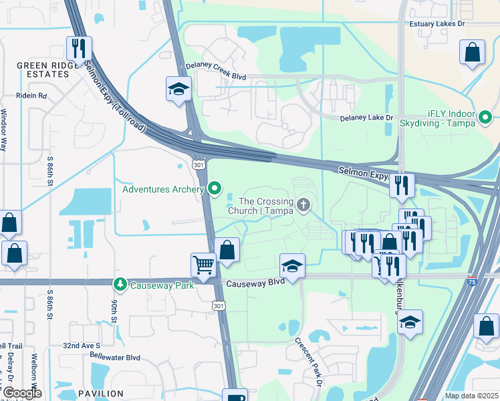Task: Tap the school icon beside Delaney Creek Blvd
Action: point(178,90)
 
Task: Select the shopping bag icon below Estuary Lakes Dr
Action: point(472,53)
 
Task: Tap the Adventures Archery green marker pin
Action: point(214,189)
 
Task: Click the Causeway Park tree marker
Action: point(120,285)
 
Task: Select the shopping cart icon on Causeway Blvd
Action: point(203,264)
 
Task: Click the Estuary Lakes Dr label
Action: point(437,23)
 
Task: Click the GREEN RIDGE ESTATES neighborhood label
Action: point(43,70)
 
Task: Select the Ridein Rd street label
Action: point(33,96)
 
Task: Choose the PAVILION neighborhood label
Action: point(100,394)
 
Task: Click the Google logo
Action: point(21,393)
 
